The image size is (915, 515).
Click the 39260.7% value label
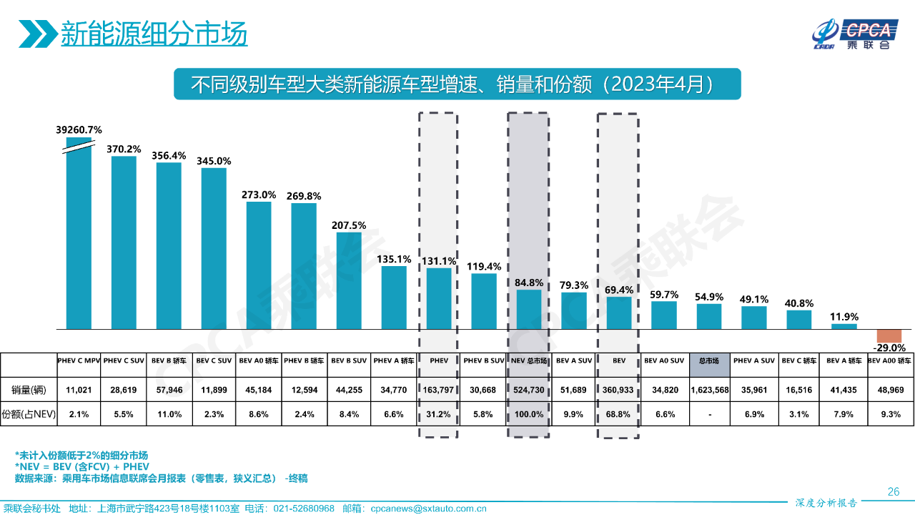(x=79, y=129)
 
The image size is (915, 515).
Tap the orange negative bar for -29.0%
(x=889, y=336)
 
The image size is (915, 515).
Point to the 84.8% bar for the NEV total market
(x=529, y=309)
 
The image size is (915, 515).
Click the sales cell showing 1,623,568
(x=710, y=390)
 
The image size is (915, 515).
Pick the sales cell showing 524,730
(x=529, y=390)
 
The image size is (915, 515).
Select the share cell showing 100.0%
(x=529, y=414)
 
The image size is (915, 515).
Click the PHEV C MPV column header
(x=79, y=361)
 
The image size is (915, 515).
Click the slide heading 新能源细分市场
(x=154, y=34)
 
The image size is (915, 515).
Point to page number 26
(x=893, y=491)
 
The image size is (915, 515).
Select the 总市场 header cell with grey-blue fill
(x=710, y=361)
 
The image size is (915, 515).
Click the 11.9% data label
(x=844, y=316)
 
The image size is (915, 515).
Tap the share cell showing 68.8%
(x=619, y=414)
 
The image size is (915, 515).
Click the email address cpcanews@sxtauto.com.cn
(x=429, y=509)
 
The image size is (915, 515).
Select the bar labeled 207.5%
(x=349, y=280)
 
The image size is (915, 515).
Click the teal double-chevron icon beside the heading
(x=37, y=34)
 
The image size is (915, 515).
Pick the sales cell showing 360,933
(x=619, y=390)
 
